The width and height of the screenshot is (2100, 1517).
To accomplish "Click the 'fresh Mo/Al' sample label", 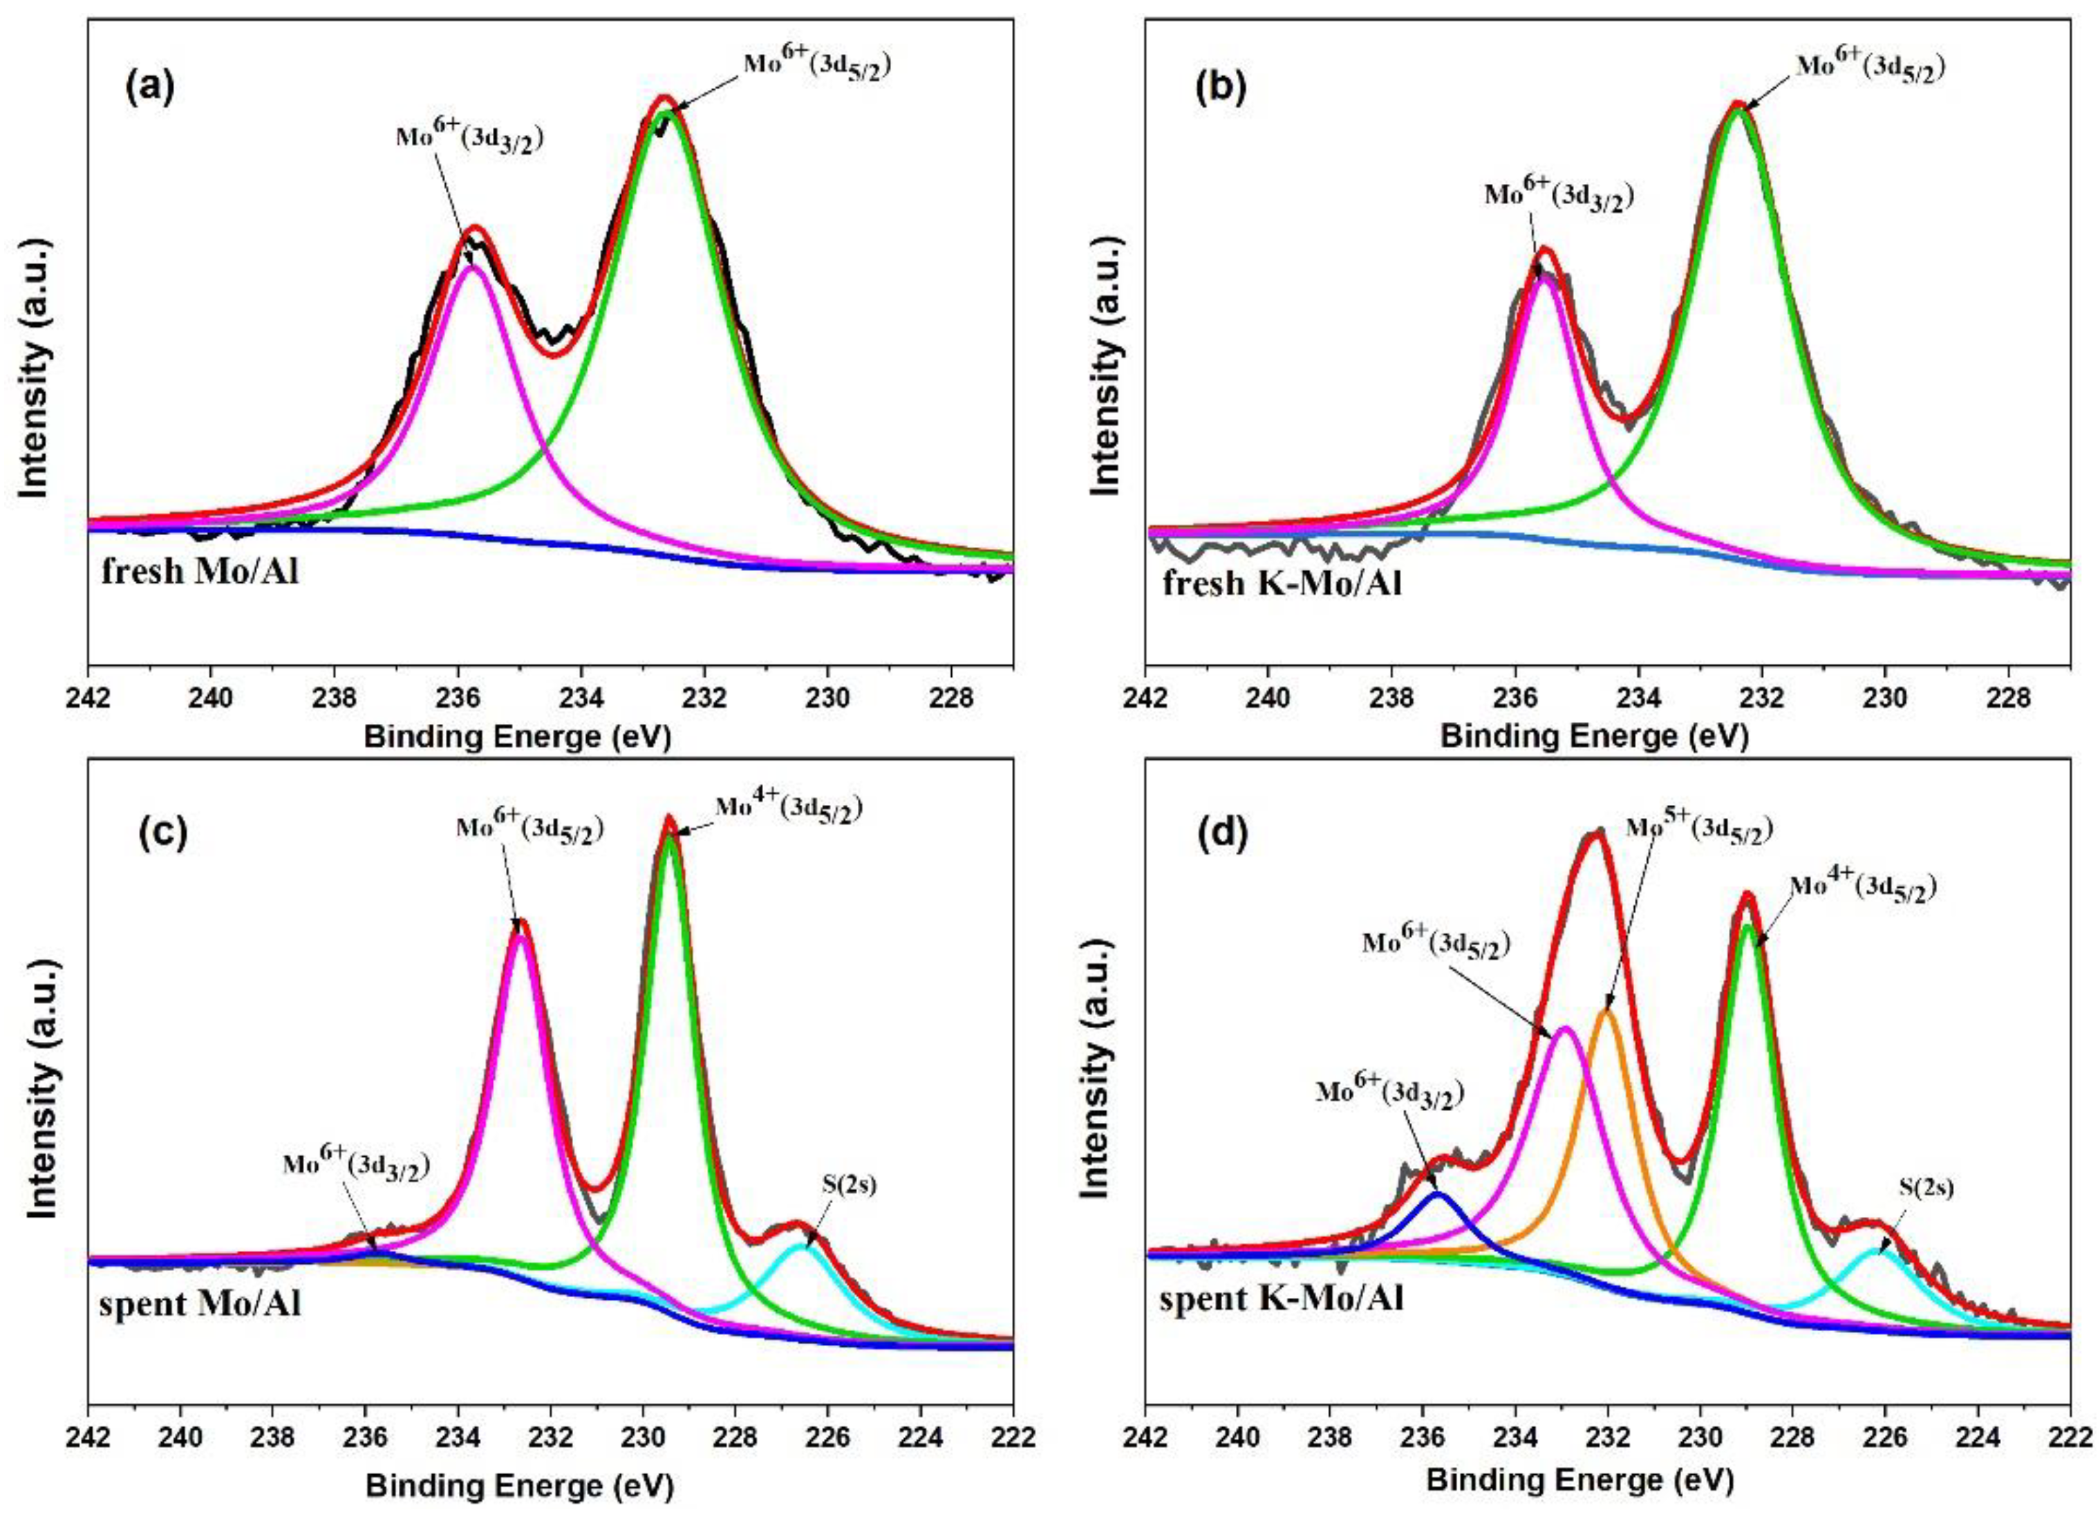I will [x=200, y=571].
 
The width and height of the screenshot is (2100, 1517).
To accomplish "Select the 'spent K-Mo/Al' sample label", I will [x=1282, y=1299].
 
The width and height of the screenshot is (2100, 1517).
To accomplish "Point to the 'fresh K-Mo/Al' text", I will [x=1282, y=584].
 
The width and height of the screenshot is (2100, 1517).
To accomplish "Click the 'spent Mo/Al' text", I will [x=200, y=1304].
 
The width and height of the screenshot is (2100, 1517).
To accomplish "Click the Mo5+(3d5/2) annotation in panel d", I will [x=1699, y=829].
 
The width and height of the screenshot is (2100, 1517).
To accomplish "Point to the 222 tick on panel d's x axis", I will [x=2070, y=1437].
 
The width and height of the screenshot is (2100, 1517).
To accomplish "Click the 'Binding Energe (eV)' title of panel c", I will [x=519, y=1485].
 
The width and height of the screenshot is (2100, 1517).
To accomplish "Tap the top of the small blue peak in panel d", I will [x=1437, y=1194].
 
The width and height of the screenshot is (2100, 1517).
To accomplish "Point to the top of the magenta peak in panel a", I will [x=472, y=267].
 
